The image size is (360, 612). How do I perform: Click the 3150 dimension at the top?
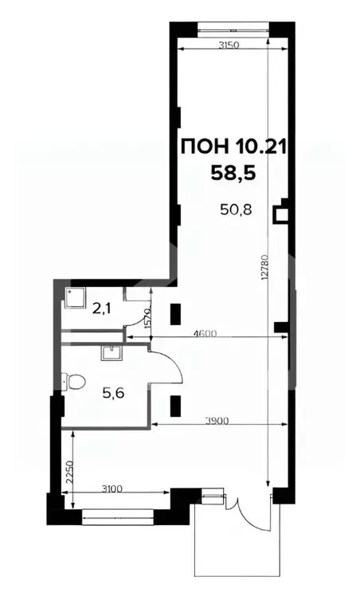pos(229,44)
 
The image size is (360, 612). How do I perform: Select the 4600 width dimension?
pos(203,332)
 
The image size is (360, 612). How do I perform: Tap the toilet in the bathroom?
pos(76,382)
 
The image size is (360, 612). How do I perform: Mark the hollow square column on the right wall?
pos(280,214)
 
